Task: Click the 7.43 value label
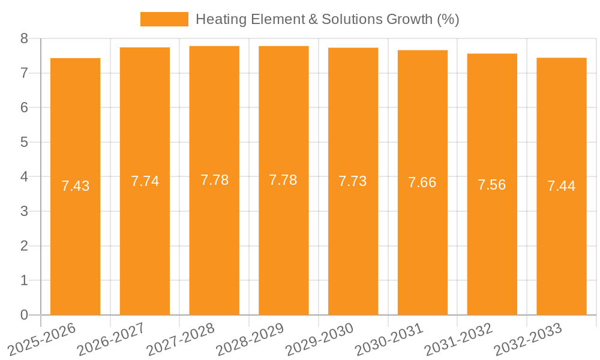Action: point(75,186)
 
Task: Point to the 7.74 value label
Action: point(145,181)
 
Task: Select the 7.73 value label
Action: point(353,181)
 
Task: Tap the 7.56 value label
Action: point(491,185)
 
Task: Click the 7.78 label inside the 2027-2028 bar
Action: point(214,180)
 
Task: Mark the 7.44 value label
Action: point(561,186)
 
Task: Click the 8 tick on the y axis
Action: point(24,39)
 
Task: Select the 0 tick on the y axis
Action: point(24,315)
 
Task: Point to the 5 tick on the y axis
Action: point(24,143)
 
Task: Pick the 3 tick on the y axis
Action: point(24,212)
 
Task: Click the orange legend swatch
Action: point(164,19)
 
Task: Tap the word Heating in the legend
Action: point(217,19)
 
